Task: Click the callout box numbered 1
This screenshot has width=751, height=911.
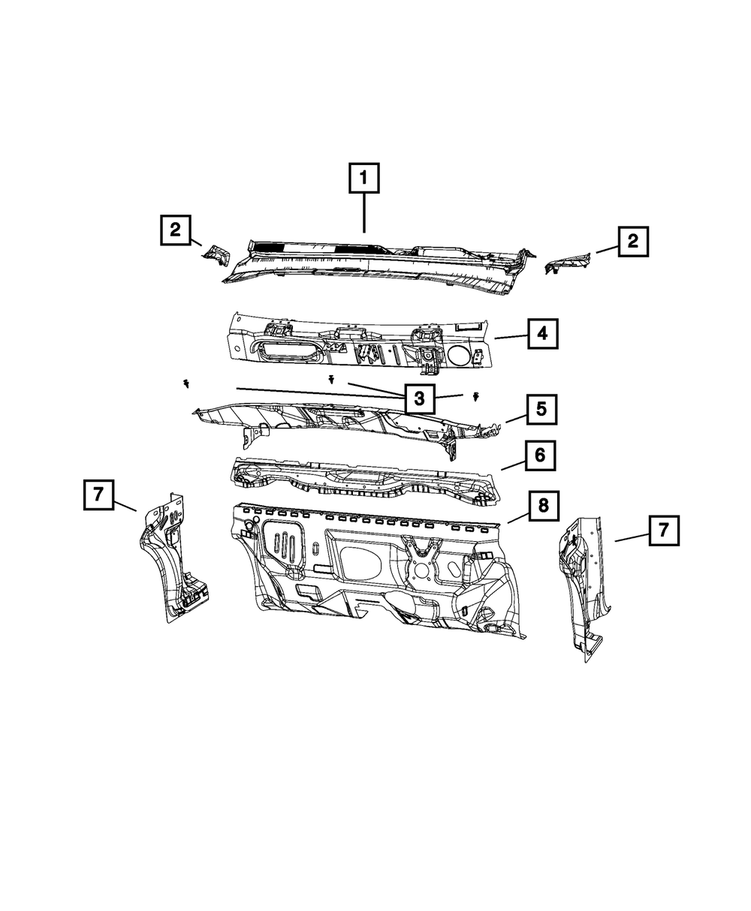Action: click(x=363, y=179)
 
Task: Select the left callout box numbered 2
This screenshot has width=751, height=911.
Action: click(x=175, y=230)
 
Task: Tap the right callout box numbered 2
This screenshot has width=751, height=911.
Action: click(x=633, y=241)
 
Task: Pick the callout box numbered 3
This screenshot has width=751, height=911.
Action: click(x=419, y=398)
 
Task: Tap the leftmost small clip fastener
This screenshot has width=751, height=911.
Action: click(x=185, y=384)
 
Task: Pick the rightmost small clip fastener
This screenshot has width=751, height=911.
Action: click(x=477, y=395)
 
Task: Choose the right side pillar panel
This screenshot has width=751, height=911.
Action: click(x=584, y=585)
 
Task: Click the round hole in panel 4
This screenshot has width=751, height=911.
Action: click(x=460, y=356)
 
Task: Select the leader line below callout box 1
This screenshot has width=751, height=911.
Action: click(x=364, y=214)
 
